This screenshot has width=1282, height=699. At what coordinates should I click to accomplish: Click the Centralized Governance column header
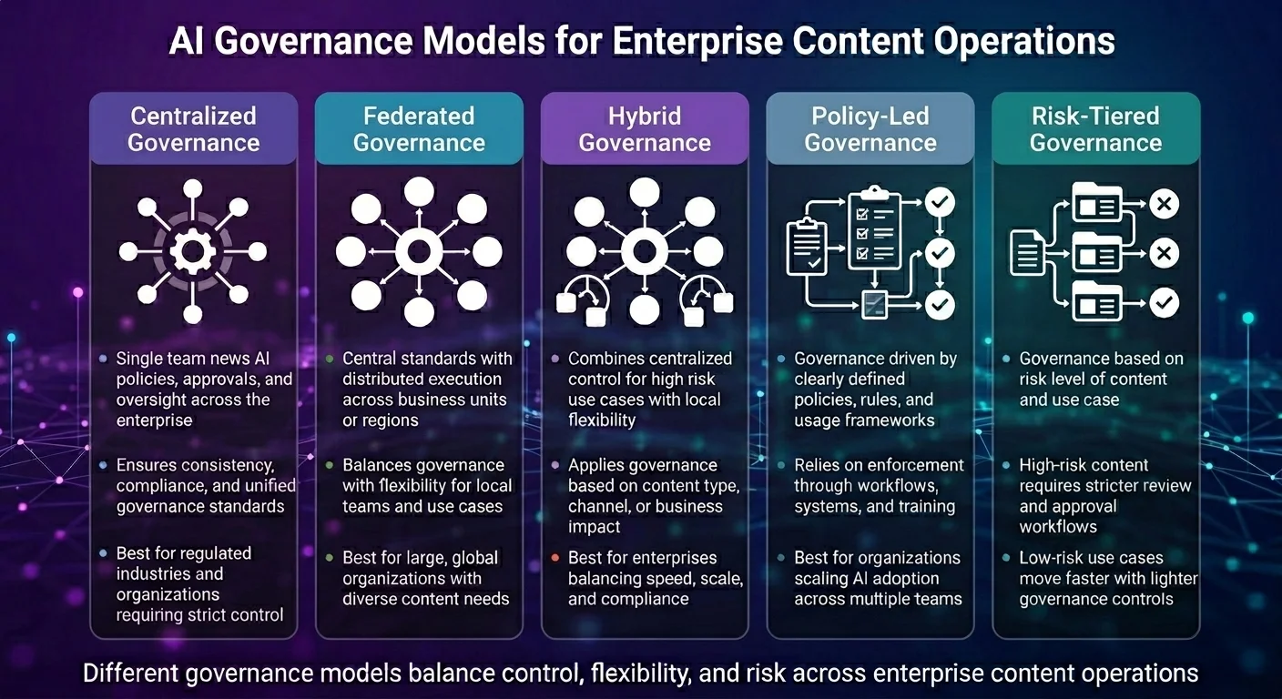(x=193, y=129)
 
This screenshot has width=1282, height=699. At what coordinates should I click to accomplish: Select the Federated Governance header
(x=419, y=129)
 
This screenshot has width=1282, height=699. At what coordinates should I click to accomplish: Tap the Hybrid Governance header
(x=645, y=129)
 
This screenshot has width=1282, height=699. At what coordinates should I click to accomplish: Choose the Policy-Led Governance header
(x=870, y=129)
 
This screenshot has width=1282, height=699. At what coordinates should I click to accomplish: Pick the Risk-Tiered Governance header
(x=1095, y=129)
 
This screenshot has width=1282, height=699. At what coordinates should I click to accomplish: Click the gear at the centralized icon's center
(x=193, y=252)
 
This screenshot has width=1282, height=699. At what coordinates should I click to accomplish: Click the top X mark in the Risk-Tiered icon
(x=1164, y=204)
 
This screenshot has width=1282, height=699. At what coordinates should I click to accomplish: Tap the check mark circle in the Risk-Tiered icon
(x=1164, y=302)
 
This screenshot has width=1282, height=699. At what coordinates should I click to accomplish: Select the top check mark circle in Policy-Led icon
(x=940, y=202)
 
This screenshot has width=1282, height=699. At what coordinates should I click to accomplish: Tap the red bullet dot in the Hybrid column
(x=555, y=558)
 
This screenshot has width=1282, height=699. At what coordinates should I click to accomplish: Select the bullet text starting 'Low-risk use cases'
(x=1108, y=578)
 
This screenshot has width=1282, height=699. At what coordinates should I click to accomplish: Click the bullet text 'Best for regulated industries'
(x=199, y=584)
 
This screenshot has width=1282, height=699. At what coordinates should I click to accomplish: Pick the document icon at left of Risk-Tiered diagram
(x=1028, y=253)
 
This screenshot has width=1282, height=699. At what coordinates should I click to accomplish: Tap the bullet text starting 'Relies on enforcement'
(x=879, y=486)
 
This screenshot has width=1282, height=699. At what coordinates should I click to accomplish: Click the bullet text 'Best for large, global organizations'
(x=426, y=578)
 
